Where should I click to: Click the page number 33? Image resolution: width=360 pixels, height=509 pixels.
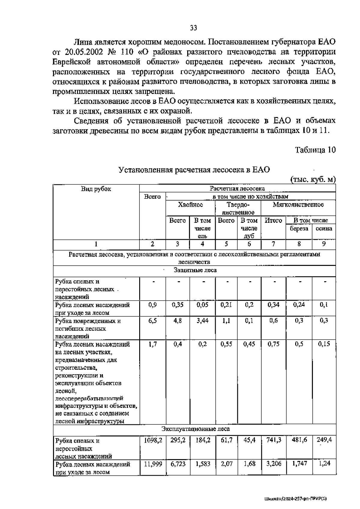coord(193,28)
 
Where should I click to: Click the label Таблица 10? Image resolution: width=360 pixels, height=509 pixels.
coord(315,150)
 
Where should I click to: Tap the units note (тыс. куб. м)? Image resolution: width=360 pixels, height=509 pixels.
coord(313,179)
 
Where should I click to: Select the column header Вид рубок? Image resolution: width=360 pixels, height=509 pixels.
coord(96,189)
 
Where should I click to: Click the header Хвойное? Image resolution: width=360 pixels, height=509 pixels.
coord(190,205)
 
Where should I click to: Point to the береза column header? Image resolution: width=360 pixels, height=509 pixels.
coord(299,228)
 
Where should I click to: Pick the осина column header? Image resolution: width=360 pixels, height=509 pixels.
coord(324,228)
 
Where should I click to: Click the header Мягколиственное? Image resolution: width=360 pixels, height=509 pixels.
coord(298,205)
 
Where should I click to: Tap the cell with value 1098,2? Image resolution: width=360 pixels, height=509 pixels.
coord(153,440)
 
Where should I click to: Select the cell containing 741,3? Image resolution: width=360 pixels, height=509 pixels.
coord(274,440)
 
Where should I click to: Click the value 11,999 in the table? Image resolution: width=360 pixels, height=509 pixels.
coord(153,464)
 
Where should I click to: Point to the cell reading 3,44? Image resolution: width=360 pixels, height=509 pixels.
coord(202,321)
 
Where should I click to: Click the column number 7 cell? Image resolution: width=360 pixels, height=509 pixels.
coord(273,244)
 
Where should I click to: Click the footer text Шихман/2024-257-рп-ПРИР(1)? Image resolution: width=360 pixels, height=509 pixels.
coord(295,498)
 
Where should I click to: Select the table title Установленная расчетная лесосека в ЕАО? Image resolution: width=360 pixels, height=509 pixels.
coord(194,170)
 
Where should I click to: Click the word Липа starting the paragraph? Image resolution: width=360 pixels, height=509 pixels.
coord(84,42)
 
